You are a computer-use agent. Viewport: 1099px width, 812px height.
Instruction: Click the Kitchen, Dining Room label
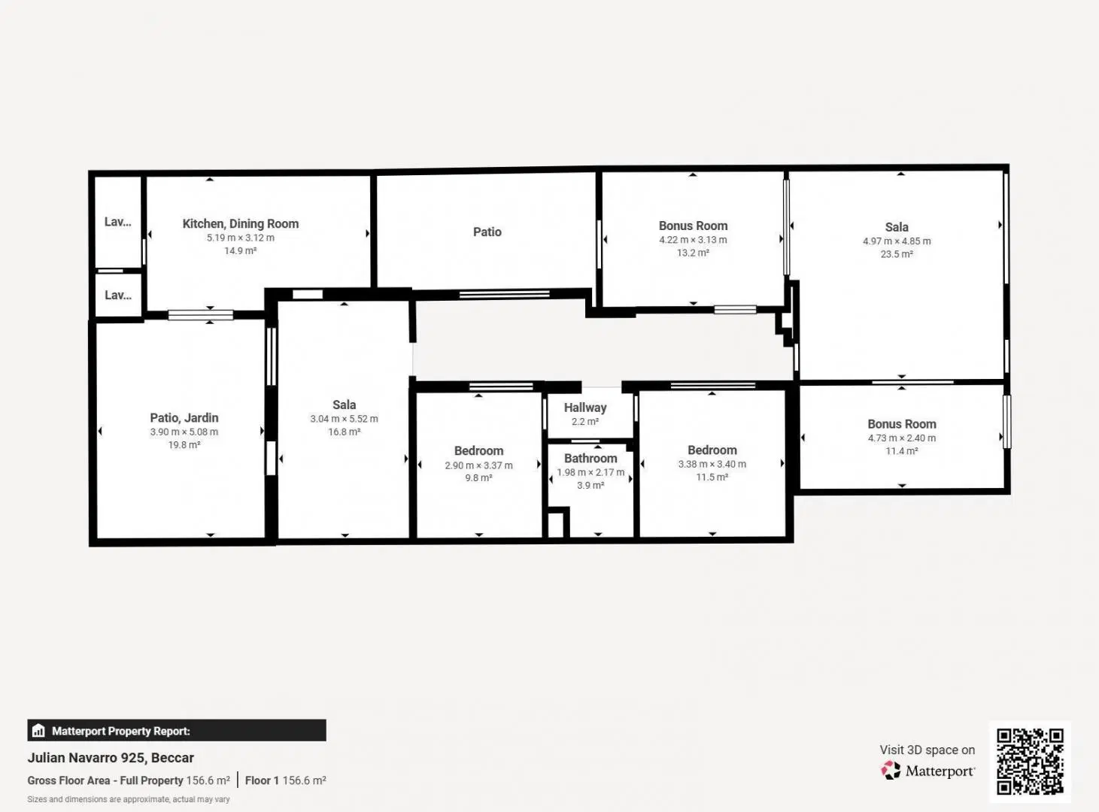(240, 224)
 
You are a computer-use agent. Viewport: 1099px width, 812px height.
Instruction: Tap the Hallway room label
(585, 408)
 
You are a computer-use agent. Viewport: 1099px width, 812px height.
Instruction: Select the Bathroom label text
(590, 459)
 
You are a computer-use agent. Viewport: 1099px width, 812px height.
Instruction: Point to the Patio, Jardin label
(184, 418)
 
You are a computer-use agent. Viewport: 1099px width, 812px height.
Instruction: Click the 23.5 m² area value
(897, 254)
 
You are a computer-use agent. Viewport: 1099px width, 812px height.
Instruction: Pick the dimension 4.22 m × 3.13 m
(693, 241)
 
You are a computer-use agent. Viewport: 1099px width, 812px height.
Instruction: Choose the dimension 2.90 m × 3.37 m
(478, 465)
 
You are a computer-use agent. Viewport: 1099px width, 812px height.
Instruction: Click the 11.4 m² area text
(901, 451)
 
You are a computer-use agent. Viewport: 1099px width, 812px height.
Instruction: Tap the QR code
(1030, 762)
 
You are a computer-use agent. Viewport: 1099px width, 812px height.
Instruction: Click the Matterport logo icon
(891, 771)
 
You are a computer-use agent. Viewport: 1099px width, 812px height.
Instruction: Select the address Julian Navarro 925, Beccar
(111, 758)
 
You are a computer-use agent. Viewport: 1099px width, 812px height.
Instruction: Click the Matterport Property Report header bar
(176, 730)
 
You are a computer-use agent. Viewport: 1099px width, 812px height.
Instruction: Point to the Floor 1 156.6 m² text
(285, 780)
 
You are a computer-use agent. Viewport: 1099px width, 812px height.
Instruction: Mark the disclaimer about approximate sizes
(129, 800)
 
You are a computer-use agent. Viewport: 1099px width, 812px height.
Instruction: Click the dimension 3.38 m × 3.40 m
(712, 464)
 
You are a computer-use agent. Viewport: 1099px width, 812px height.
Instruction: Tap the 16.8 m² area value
(344, 432)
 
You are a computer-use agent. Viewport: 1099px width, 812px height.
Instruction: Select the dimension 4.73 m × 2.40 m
(902, 438)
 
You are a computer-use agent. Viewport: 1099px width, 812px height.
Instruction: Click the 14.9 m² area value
(240, 251)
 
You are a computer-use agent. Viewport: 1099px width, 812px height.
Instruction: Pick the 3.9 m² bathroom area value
(590, 486)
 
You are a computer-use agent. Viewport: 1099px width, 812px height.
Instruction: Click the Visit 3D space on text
(927, 750)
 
